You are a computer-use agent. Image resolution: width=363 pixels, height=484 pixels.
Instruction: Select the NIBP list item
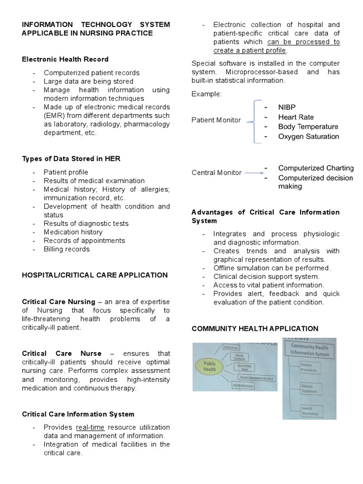pos(286,107)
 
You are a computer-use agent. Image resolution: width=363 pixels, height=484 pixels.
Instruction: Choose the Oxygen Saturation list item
pos(308,137)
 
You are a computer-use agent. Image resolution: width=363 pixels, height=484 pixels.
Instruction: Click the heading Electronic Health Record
pos(65,59)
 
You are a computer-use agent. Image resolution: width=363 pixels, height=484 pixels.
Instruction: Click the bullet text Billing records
pos(67,249)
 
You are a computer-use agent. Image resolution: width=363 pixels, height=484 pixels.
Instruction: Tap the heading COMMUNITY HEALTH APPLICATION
pos(255,328)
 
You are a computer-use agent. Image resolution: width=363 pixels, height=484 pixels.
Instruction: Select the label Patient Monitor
pos(216,120)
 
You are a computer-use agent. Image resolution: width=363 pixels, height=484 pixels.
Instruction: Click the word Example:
pos(206,94)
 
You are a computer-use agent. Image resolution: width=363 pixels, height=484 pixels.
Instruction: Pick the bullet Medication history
pos(73,232)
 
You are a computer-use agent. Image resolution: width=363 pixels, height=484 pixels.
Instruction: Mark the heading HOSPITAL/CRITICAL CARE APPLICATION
pos(95,275)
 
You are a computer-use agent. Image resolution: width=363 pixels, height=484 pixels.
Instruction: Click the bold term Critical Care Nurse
pos(62,354)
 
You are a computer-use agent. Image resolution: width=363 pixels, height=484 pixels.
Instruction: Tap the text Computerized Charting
pos(316,168)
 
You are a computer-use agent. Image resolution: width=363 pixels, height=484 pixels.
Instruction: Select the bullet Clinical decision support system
pos(266,277)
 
